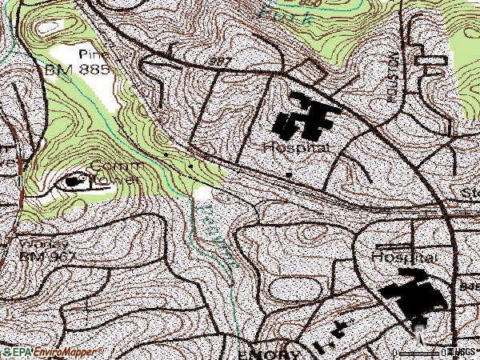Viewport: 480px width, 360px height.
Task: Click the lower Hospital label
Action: click(405, 258)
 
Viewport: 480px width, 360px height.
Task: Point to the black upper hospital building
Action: click(305, 118)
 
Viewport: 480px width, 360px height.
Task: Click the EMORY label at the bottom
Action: click(269, 354)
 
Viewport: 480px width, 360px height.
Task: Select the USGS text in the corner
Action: click(464, 352)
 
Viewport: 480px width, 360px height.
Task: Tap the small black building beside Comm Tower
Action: click(74, 182)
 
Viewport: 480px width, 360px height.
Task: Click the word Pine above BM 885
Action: click(93, 54)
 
